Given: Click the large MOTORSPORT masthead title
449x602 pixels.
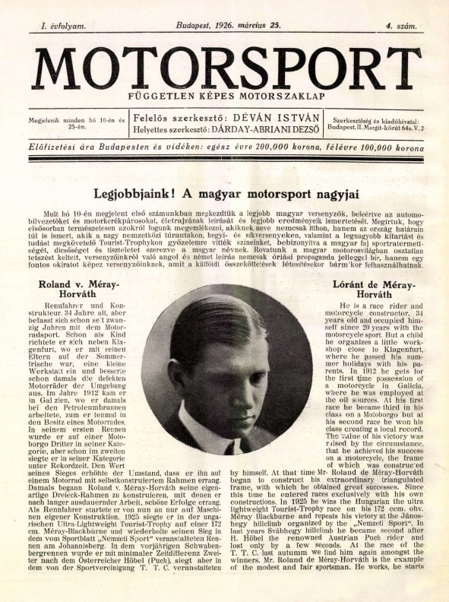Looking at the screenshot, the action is [x=226, y=68].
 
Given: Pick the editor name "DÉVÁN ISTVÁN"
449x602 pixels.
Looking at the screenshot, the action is [x=273, y=118].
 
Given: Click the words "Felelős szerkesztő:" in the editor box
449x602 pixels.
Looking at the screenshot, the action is [x=172, y=118].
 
